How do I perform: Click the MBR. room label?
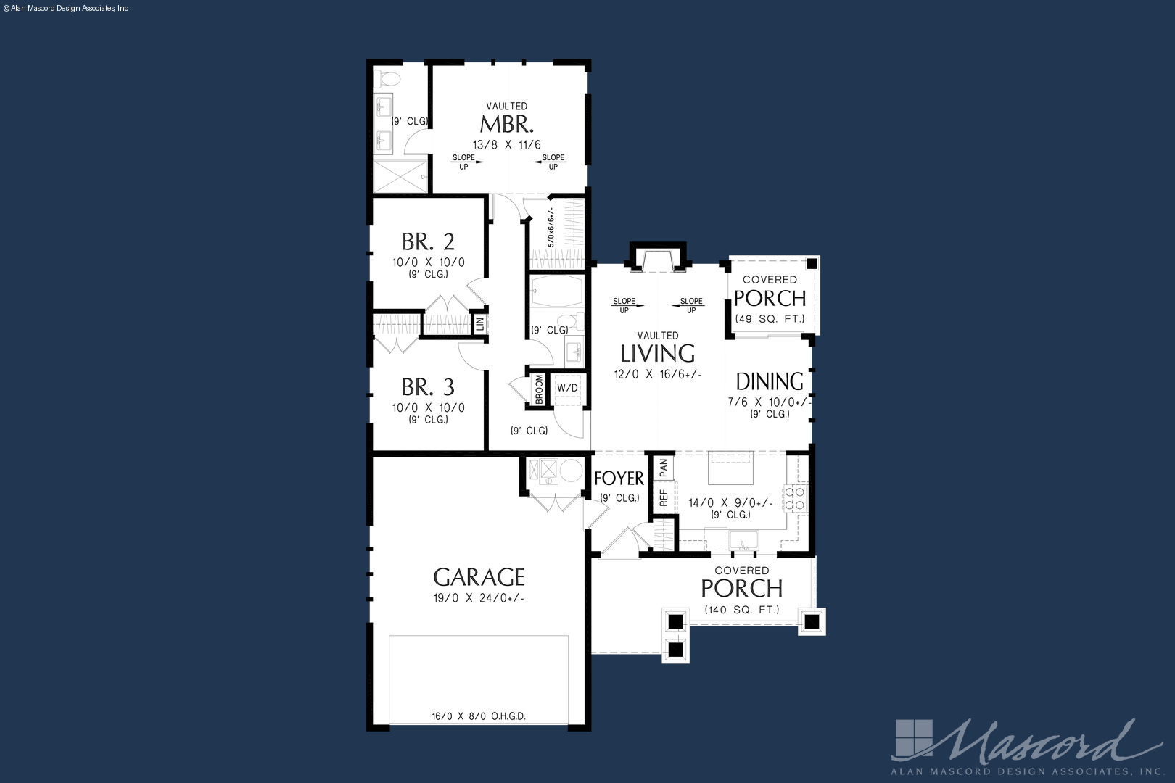(507, 125)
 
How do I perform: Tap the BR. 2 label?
(428, 241)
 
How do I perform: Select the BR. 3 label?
(428, 387)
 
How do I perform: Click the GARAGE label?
(479, 577)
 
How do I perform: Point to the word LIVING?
(658, 354)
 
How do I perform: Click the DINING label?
(770, 382)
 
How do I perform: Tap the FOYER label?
(619, 478)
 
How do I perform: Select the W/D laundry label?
(568, 388)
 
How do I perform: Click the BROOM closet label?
(539, 389)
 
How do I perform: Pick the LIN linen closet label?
(479, 323)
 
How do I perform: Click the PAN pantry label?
(664, 468)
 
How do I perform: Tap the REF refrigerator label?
(664, 497)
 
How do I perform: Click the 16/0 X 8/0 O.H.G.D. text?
(479, 716)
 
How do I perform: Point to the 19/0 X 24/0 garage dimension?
(479, 598)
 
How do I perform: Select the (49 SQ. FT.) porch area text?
(770, 318)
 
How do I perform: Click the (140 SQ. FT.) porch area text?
(742, 610)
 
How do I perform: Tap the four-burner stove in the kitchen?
(795, 498)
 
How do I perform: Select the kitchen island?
(730, 468)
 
